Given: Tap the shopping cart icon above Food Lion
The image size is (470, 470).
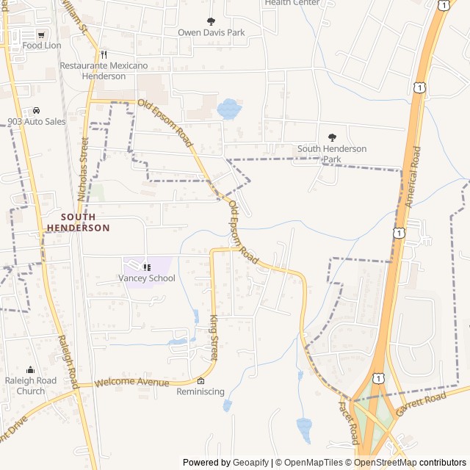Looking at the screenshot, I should (42, 34).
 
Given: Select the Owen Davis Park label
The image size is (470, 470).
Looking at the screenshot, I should (211, 32).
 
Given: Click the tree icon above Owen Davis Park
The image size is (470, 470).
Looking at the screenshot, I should (211, 21).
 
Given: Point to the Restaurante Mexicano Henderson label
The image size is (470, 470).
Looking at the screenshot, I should (104, 70).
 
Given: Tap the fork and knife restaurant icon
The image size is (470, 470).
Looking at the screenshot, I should (104, 54).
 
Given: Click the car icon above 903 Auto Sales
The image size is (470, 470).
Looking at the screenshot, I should (36, 111).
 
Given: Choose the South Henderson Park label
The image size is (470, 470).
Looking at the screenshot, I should (332, 153).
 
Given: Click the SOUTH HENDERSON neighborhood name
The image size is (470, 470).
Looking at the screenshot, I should (78, 223).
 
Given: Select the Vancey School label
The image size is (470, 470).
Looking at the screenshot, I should (147, 278).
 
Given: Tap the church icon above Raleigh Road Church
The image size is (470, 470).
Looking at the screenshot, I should (30, 370).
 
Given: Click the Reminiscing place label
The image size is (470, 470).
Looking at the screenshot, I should (200, 391).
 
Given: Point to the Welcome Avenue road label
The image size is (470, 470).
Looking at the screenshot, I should (132, 383).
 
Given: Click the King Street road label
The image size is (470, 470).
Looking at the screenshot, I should (214, 338).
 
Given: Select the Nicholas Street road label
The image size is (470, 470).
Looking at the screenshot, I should (82, 169).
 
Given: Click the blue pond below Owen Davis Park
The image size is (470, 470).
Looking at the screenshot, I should (229, 109).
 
